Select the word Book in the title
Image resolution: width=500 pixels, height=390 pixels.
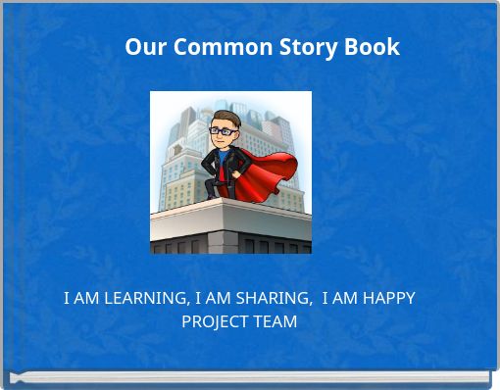(371, 47)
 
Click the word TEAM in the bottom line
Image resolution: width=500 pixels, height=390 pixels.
(275, 321)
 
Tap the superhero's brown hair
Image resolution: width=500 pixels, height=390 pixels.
(221, 117)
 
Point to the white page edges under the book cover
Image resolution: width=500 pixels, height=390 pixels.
(250, 377)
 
